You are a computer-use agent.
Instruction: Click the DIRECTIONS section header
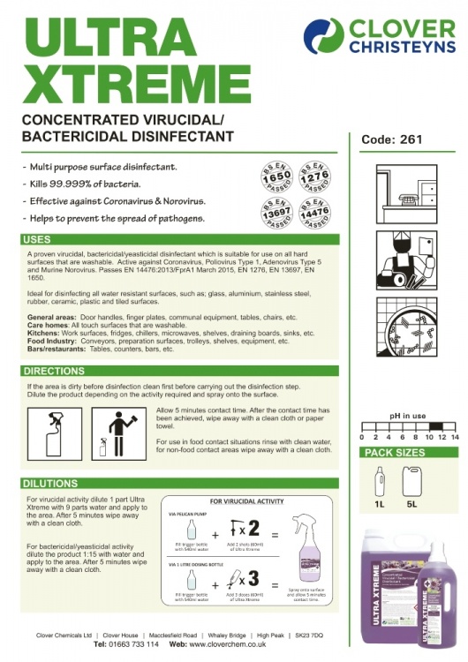pyautogui.click(x=55, y=372)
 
